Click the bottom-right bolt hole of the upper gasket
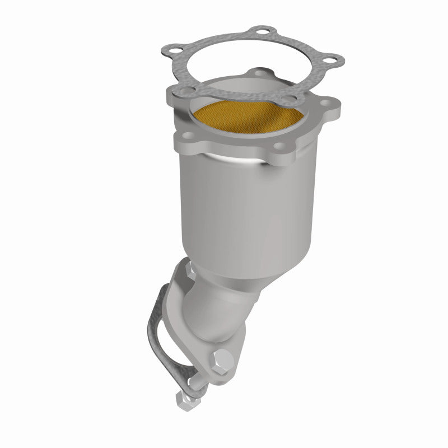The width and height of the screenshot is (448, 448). click(x=290, y=101)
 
